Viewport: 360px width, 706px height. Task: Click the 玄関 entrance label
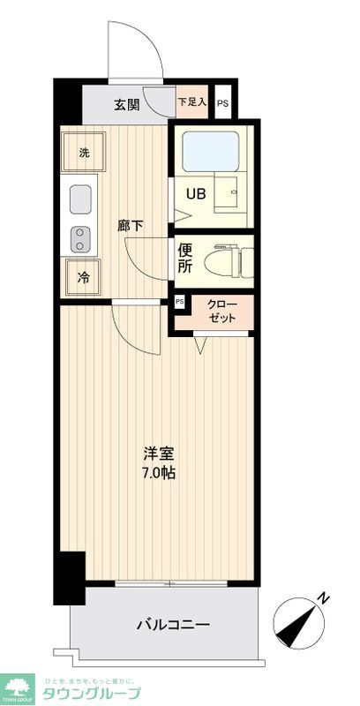click(126, 105)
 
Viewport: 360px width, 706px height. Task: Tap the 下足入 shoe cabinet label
click(192, 102)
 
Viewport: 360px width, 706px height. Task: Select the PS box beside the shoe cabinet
click(223, 103)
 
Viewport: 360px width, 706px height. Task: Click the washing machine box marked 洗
click(84, 152)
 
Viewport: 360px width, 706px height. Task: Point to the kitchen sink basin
click(82, 199)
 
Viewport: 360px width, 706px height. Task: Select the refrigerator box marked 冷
click(84, 278)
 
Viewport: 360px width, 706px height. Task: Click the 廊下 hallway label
click(131, 226)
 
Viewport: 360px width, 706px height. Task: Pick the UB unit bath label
click(196, 194)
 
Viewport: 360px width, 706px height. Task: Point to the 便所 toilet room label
click(185, 257)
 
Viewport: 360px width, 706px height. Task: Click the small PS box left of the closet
click(180, 302)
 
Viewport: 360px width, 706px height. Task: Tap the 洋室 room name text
click(160, 454)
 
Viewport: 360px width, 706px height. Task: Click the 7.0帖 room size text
click(160, 473)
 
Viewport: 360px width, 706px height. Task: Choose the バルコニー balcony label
click(173, 625)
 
